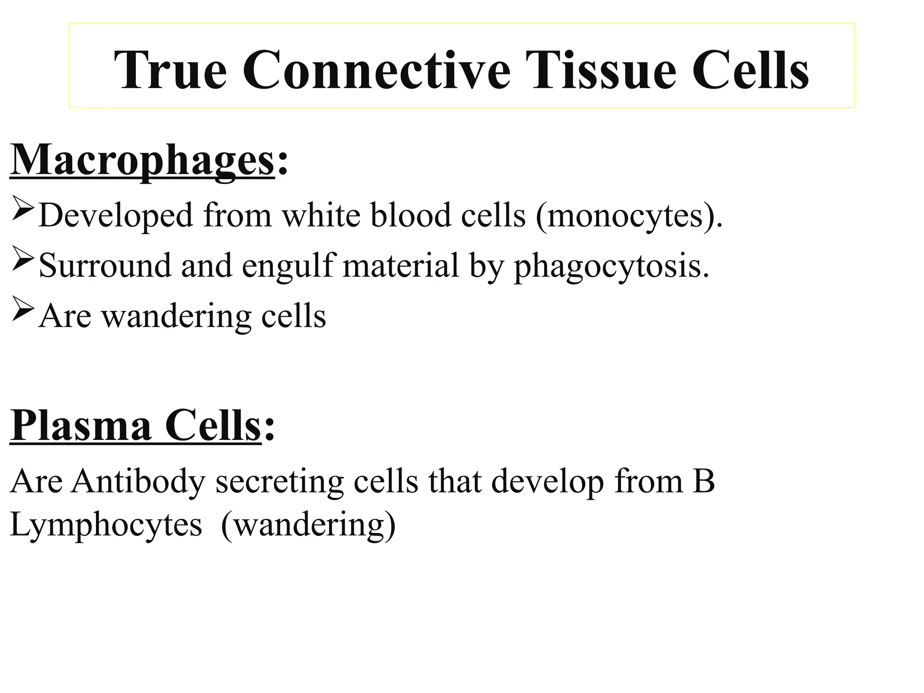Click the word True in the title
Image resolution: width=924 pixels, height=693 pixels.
coord(170,70)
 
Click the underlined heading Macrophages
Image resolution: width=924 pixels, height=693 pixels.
coord(142,160)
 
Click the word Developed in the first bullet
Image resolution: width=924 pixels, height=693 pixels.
coord(116,215)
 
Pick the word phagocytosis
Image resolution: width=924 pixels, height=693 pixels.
coord(612,266)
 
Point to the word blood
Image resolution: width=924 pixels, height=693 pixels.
coord(411,215)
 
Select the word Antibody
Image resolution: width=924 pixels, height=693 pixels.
coord(138,481)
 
